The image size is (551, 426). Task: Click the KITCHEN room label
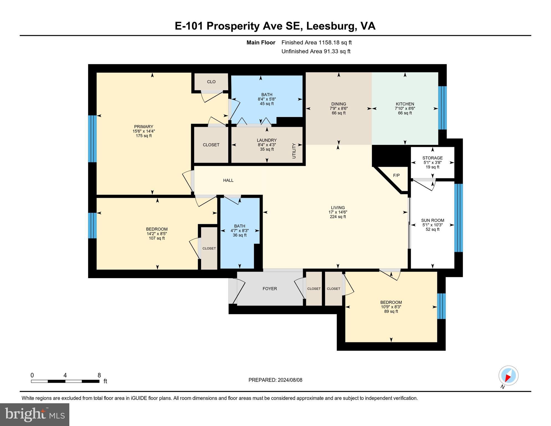[x=405, y=104]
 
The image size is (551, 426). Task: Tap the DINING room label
[x=339, y=104]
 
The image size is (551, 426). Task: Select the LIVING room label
[x=338, y=207]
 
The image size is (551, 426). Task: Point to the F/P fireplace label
[x=396, y=175]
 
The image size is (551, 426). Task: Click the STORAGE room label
[x=433, y=158]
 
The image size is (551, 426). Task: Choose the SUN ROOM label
[x=433, y=220]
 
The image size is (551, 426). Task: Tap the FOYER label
[x=270, y=288]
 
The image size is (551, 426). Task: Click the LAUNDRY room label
[x=267, y=140]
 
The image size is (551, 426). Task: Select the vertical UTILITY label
[x=294, y=151]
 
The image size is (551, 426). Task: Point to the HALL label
[x=228, y=180]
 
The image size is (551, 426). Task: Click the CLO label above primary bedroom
[x=211, y=82]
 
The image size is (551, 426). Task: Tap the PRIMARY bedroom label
[x=144, y=126]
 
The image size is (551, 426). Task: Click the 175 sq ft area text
[x=144, y=136]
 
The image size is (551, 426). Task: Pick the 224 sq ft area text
[x=338, y=217]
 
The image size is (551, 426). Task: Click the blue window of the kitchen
[x=442, y=108]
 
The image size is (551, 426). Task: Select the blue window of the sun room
[x=458, y=218]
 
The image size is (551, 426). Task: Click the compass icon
[x=508, y=376]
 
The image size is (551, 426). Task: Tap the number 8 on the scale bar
[x=99, y=375]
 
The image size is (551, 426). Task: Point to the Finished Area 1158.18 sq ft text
[x=316, y=42]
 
